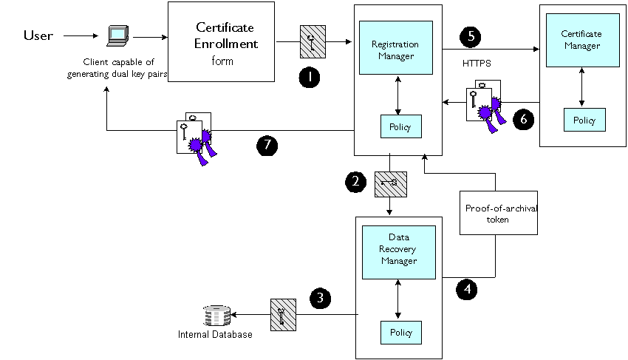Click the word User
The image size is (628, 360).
coord(38,35)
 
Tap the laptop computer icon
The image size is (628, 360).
coord(117,35)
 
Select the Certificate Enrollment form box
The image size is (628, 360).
coord(221,41)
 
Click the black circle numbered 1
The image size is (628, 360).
coord(309,78)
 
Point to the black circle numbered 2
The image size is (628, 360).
coord(355,182)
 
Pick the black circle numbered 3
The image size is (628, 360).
coord(320,298)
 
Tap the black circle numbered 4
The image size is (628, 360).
coord(467,289)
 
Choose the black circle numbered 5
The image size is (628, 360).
coord(471,36)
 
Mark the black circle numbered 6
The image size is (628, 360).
coord(524,119)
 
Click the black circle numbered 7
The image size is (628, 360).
coord(267,145)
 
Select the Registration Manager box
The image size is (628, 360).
coord(396,48)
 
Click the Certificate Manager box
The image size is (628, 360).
coord(583,40)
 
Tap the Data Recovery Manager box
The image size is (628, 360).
coord(399,252)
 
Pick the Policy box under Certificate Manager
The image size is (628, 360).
coord(584,120)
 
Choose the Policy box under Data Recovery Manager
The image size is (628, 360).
coord(401,333)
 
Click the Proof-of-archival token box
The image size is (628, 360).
coord(499,213)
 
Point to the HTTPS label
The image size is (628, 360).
coord(477,64)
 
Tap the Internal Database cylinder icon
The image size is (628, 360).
coord(216,316)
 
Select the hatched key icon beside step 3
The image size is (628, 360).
coord(283,315)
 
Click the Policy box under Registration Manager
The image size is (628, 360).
coord(401,126)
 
